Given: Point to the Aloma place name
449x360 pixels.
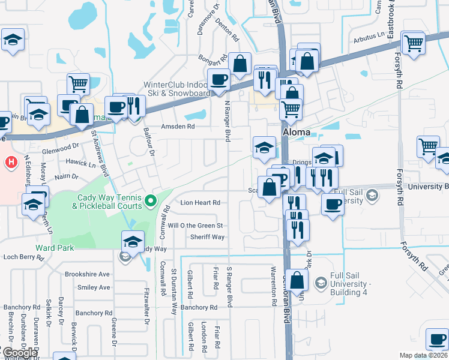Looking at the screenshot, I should click(x=297, y=132).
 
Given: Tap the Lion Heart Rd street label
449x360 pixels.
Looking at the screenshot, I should click(x=200, y=203).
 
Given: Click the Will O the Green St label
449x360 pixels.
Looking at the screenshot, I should click(x=196, y=226).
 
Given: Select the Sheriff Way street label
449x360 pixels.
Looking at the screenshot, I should click(x=208, y=237).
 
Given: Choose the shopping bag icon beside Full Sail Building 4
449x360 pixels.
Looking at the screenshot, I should click(x=297, y=280).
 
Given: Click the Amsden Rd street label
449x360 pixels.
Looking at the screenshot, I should click(x=178, y=127).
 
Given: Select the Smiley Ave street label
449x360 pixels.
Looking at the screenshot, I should click(x=94, y=287).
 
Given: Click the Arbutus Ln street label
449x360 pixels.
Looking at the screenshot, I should click(x=367, y=40).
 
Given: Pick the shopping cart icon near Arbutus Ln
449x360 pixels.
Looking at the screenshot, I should click(x=414, y=43).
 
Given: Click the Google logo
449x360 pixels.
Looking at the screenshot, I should click(x=19, y=352).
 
